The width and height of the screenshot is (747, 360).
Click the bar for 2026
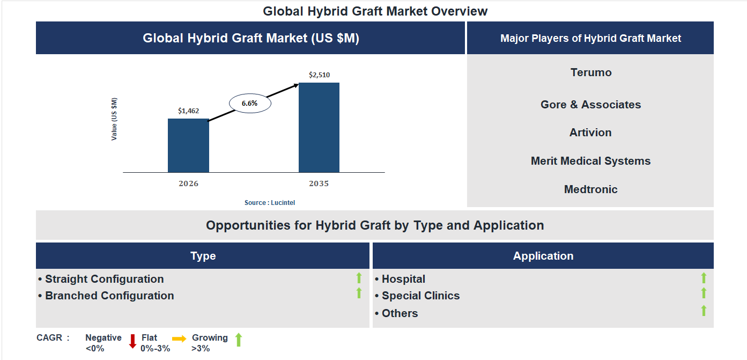tap(188, 145)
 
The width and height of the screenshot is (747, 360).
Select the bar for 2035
tap(319, 127)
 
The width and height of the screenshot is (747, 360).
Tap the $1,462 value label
tap(188, 111)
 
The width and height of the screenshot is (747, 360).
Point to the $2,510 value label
tap(319, 75)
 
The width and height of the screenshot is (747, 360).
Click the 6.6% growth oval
tap(250, 103)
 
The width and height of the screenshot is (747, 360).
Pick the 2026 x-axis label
tap(188, 183)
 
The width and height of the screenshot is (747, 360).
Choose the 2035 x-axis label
tap(319, 183)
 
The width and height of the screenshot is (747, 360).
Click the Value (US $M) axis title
tap(114, 119)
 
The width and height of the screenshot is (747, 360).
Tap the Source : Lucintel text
tap(270, 203)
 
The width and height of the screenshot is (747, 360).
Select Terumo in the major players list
tap(591, 72)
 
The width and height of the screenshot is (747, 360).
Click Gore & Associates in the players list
tap(590, 105)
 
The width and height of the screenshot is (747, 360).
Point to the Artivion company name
tap(590, 133)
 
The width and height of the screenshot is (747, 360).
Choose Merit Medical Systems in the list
tap(590, 161)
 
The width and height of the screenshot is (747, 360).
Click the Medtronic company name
tap(590, 189)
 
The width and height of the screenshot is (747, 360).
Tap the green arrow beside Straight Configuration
tap(359, 278)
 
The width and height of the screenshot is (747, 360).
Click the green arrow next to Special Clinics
tap(704, 293)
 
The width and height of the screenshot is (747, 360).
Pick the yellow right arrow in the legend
tap(179, 339)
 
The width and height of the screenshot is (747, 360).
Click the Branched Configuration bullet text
tap(109, 296)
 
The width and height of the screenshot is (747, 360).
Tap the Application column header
tap(543, 256)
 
